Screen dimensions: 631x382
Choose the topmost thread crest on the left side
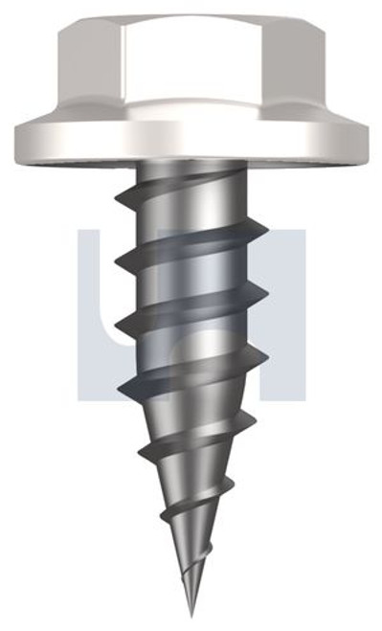[x=119, y=197]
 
